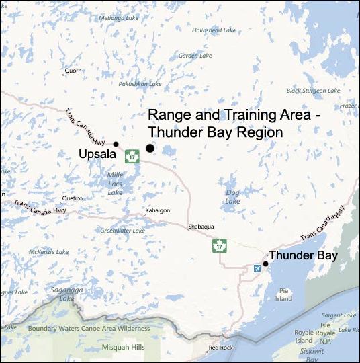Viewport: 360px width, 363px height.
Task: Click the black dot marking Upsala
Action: pyautogui.click(x=116, y=144)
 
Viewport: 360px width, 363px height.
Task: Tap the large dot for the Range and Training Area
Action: pyautogui.click(x=150, y=148)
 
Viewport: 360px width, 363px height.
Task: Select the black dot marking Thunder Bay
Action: pyautogui.click(x=266, y=264)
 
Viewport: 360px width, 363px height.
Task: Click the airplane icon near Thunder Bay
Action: pyautogui.click(x=256, y=269)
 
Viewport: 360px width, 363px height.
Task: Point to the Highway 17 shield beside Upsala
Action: pyautogui.click(x=132, y=156)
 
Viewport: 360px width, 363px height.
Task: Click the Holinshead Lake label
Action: pyautogui.click(x=214, y=30)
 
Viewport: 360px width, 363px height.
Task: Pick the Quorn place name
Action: pyautogui.click(x=73, y=69)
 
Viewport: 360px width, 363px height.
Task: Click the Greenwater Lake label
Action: pyautogui.click(x=122, y=231)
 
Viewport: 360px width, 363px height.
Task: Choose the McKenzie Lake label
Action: pyautogui.click(x=47, y=251)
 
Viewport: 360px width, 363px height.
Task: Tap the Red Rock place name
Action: pyautogui.click(x=220, y=348)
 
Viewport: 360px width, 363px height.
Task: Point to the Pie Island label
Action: pyautogui.click(x=284, y=294)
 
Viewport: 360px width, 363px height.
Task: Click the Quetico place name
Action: pyautogui.click(x=71, y=198)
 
